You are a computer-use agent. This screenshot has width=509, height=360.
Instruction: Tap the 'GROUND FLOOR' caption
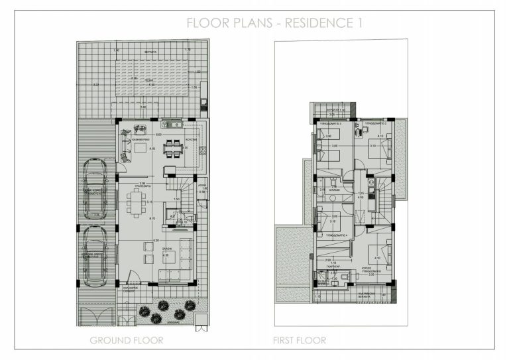[x=127, y=341]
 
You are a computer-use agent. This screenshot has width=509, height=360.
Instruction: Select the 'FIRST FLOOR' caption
[x=300, y=341]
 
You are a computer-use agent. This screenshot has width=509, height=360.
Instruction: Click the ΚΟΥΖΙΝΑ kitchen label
[x=192, y=141]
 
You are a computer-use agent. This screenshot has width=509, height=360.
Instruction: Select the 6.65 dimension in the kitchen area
[x=159, y=135]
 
